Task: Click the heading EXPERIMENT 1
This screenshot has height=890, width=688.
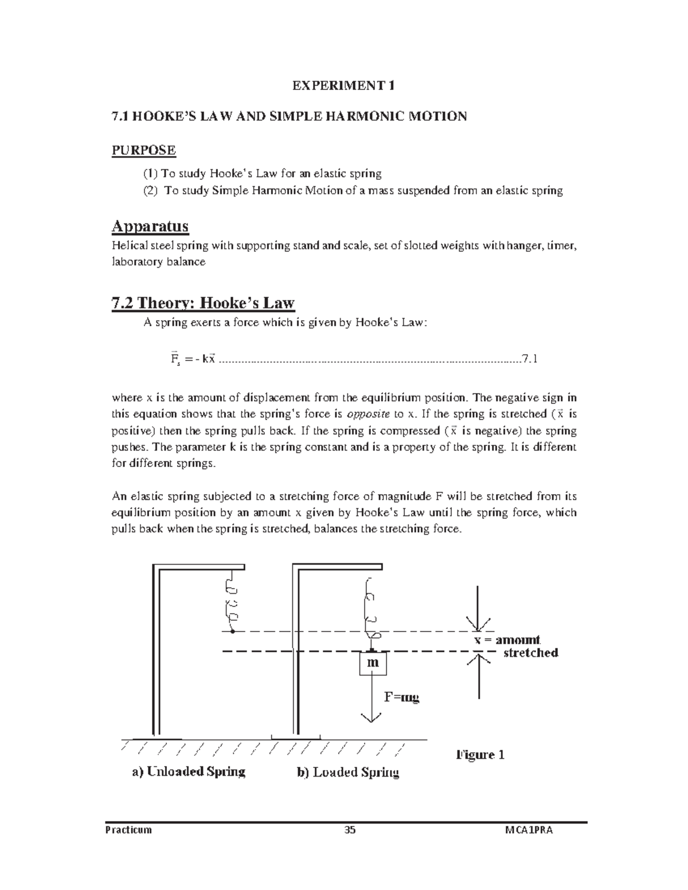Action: pos(343,86)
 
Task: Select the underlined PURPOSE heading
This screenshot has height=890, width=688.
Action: pos(143,150)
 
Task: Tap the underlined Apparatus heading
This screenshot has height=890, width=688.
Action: pos(150,226)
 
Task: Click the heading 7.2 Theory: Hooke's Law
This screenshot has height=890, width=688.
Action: pos(202,303)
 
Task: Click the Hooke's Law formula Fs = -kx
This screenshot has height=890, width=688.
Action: pos(192,359)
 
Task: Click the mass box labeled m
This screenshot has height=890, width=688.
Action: pos(373,663)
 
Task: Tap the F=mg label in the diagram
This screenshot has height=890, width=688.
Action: pos(401,697)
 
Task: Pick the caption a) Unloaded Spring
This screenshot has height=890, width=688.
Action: pos(189,771)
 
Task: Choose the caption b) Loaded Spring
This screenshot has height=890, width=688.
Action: pos(347,772)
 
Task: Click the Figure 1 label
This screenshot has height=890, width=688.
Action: pos(480,754)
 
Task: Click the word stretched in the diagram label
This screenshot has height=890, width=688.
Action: pos(530,653)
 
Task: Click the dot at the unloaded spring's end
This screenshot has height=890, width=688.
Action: pos(232,632)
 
